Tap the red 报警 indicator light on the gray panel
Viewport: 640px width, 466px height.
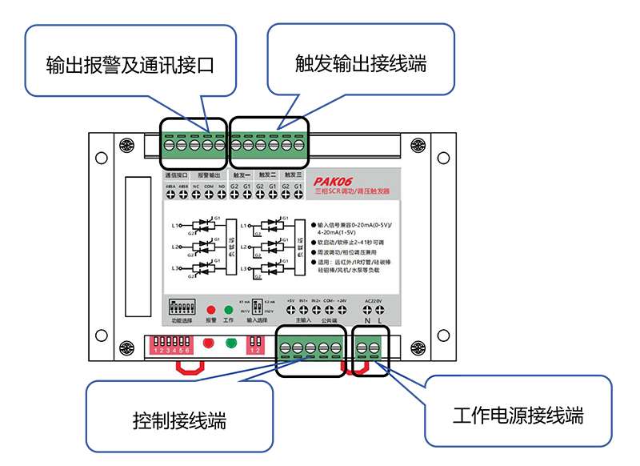pos(211,309)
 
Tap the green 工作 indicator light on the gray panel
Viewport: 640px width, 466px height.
pos(228,309)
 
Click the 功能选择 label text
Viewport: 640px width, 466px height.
pos(182,320)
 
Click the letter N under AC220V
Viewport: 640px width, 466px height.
pos(368,320)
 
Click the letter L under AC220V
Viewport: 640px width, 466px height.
pos(381,320)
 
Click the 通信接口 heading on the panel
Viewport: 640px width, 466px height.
pos(177,174)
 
